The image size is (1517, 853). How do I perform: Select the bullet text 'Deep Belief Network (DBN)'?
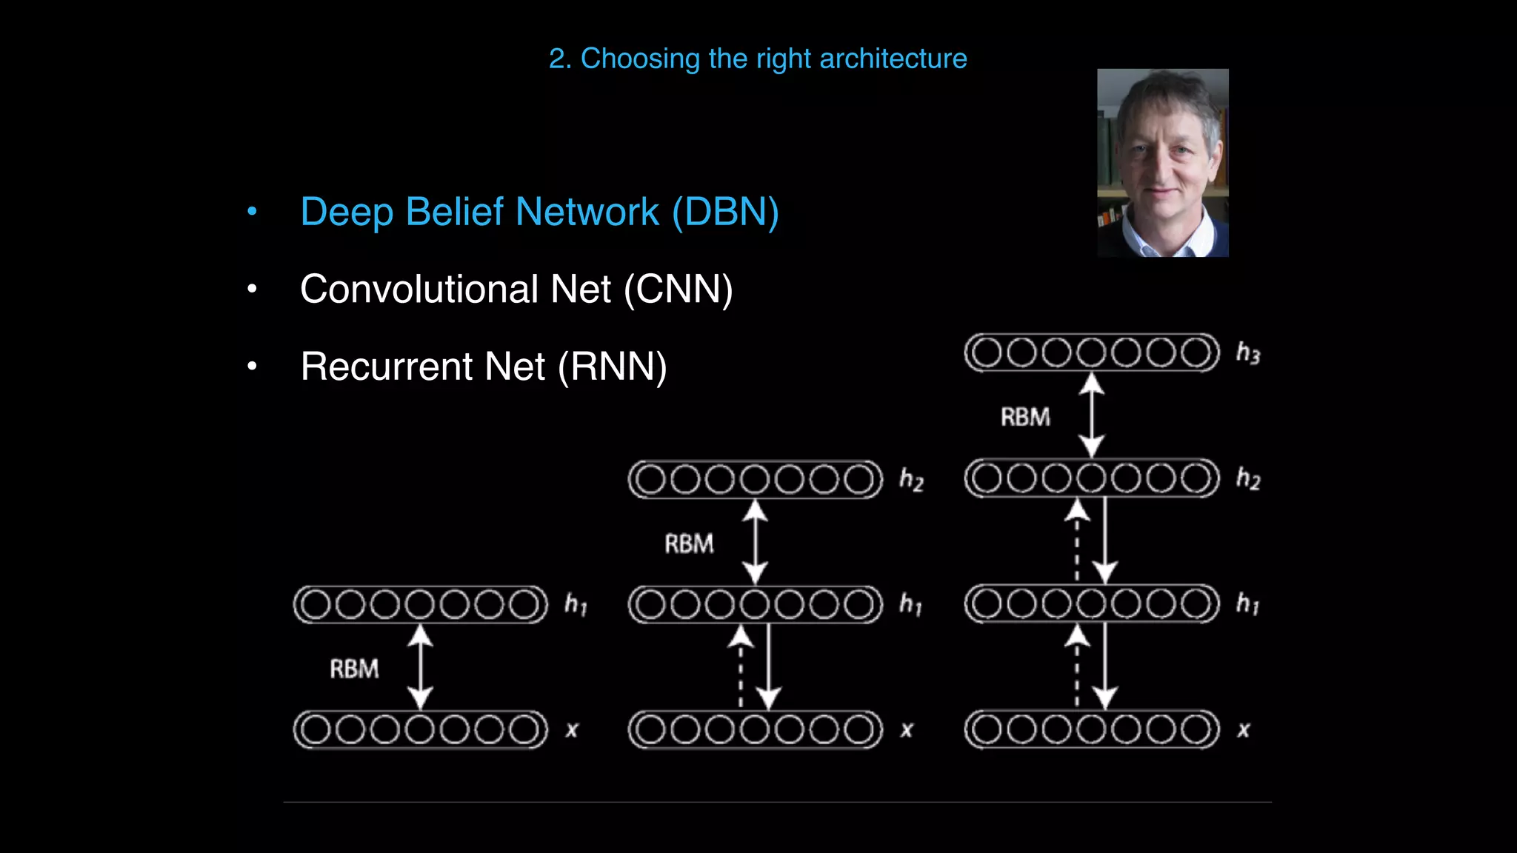click(539, 212)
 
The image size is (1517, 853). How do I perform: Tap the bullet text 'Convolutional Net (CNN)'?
click(516, 289)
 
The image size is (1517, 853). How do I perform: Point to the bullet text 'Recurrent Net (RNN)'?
click(484, 367)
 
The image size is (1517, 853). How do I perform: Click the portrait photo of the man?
click(1162, 163)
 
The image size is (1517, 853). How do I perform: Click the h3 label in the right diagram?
click(1248, 353)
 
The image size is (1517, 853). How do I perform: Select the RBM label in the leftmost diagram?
click(354, 669)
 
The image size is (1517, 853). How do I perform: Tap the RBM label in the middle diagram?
click(689, 544)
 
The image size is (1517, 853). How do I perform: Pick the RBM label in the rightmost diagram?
click(1025, 418)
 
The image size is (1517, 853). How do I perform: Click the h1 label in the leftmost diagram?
click(576, 605)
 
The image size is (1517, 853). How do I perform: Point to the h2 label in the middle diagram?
click(911, 480)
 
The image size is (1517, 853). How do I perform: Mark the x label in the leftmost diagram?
click(572, 730)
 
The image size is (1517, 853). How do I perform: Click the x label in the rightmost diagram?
click(1244, 730)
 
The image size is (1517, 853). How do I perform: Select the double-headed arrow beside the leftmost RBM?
click(421, 667)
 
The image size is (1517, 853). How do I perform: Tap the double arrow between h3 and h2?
click(1091, 415)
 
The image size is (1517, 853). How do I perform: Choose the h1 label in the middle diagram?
click(910, 605)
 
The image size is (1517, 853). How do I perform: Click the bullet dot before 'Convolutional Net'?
click(252, 289)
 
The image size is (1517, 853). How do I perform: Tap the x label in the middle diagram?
click(907, 730)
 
